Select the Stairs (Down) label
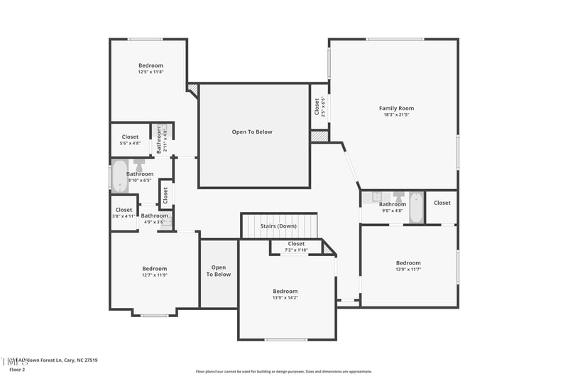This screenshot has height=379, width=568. point(278,226)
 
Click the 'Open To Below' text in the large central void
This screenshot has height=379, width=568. point(252,132)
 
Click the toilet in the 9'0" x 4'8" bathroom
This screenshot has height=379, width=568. point(398,197)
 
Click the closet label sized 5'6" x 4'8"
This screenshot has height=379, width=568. point(130,137)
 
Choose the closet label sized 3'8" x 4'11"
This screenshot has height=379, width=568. point(124,210)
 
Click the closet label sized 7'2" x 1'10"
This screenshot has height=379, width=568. point(296,244)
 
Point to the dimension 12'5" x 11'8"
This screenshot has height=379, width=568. point(151,72)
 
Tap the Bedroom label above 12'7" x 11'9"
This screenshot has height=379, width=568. point(154,268)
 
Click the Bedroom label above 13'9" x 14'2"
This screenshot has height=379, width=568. point(285,291)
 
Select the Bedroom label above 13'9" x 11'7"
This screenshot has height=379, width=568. point(408,262)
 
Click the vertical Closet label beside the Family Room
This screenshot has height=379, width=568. point(317,107)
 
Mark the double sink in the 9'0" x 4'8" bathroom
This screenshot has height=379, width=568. point(376,197)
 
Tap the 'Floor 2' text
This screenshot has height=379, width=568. point(16,370)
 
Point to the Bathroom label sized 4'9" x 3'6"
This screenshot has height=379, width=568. point(154,215)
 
